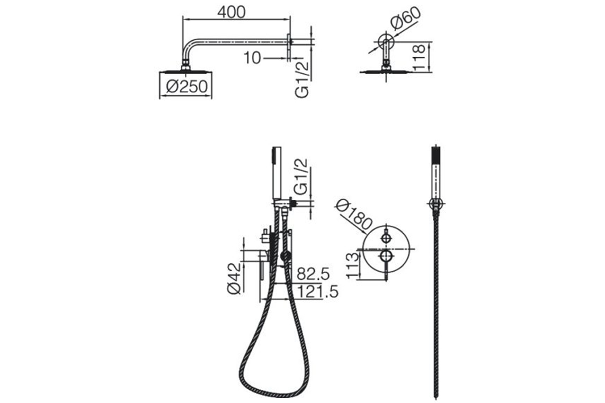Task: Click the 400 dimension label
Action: tap(231, 12)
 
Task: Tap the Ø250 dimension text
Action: tap(187, 87)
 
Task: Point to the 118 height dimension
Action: tap(419, 58)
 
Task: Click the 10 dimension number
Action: tap(252, 58)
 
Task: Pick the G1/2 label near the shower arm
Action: tap(302, 80)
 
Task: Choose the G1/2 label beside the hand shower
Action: tap(301, 177)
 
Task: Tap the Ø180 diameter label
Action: tap(354, 216)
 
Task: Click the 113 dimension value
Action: tap(353, 266)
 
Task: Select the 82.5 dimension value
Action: tap(313, 274)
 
